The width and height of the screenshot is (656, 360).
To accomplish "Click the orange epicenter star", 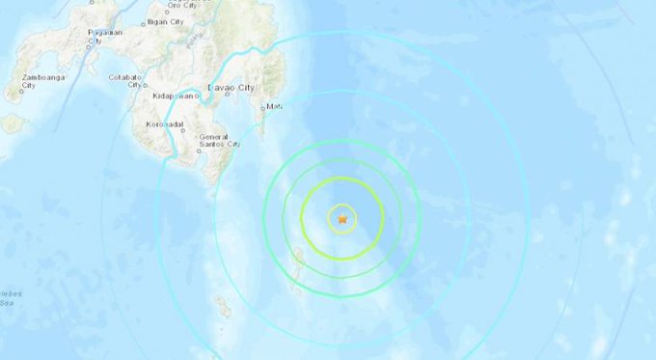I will tap(342, 219).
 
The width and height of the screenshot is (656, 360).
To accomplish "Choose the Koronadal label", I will tap(163, 125).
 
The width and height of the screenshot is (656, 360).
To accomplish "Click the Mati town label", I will tap(274, 106).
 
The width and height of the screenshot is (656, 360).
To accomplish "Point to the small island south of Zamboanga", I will tap(14, 124).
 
